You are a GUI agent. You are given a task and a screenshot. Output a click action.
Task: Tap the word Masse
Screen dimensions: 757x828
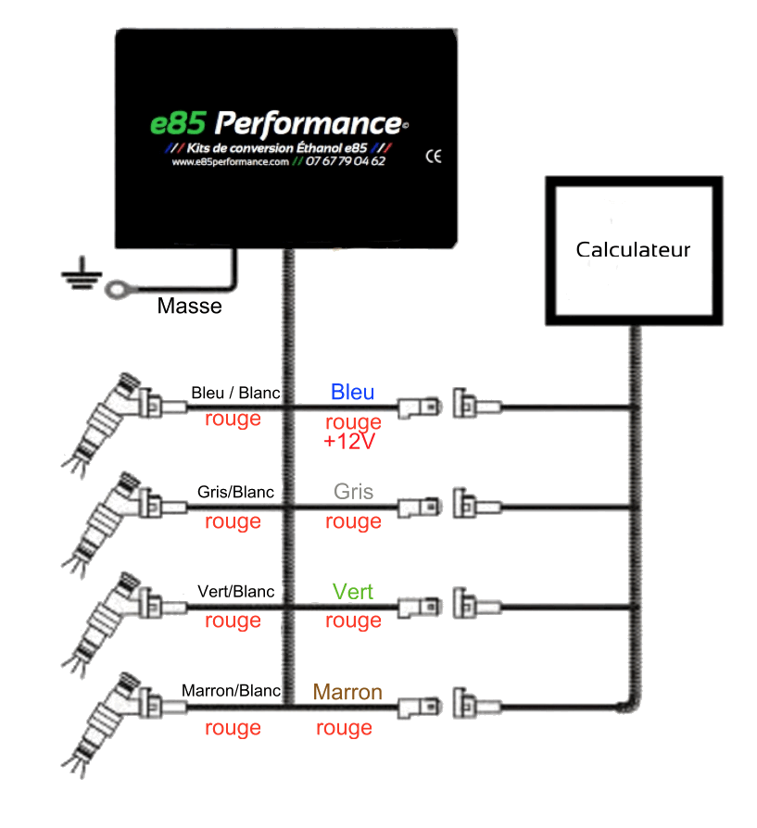(x=189, y=306)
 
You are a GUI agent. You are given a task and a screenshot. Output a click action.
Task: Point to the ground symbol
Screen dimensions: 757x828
(x=82, y=273)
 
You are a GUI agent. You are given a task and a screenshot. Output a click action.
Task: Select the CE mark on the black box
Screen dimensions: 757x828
(x=434, y=157)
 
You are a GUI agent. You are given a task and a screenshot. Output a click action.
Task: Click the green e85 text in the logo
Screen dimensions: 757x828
(x=178, y=123)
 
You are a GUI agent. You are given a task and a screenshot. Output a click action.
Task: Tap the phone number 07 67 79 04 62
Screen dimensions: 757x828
(x=346, y=161)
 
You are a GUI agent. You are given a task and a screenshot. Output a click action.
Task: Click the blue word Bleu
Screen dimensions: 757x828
(x=352, y=392)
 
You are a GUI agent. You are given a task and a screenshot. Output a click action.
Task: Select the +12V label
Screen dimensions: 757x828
(x=349, y=442)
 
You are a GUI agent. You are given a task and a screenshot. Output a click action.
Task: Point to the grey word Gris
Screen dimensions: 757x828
(x=353, y=492)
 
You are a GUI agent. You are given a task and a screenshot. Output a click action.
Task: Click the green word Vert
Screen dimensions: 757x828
(x=352, y=592)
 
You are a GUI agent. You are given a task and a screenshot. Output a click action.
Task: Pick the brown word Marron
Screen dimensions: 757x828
(x=347, y=692)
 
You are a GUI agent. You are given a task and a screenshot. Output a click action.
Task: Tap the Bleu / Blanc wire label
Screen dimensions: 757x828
(x=235, y=393)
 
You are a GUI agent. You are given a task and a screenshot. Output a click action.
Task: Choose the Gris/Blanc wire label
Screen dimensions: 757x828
(x=235, y=492)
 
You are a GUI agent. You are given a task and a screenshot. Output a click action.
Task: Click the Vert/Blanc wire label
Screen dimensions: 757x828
(x=235, y=592)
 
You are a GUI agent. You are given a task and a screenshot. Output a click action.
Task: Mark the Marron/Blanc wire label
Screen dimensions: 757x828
(x=231, y=691)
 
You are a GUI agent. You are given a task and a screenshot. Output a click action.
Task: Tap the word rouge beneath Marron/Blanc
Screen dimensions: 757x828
(x=233, y=728)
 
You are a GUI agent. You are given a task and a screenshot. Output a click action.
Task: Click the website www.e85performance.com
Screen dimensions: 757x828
(x=231, y=161)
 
